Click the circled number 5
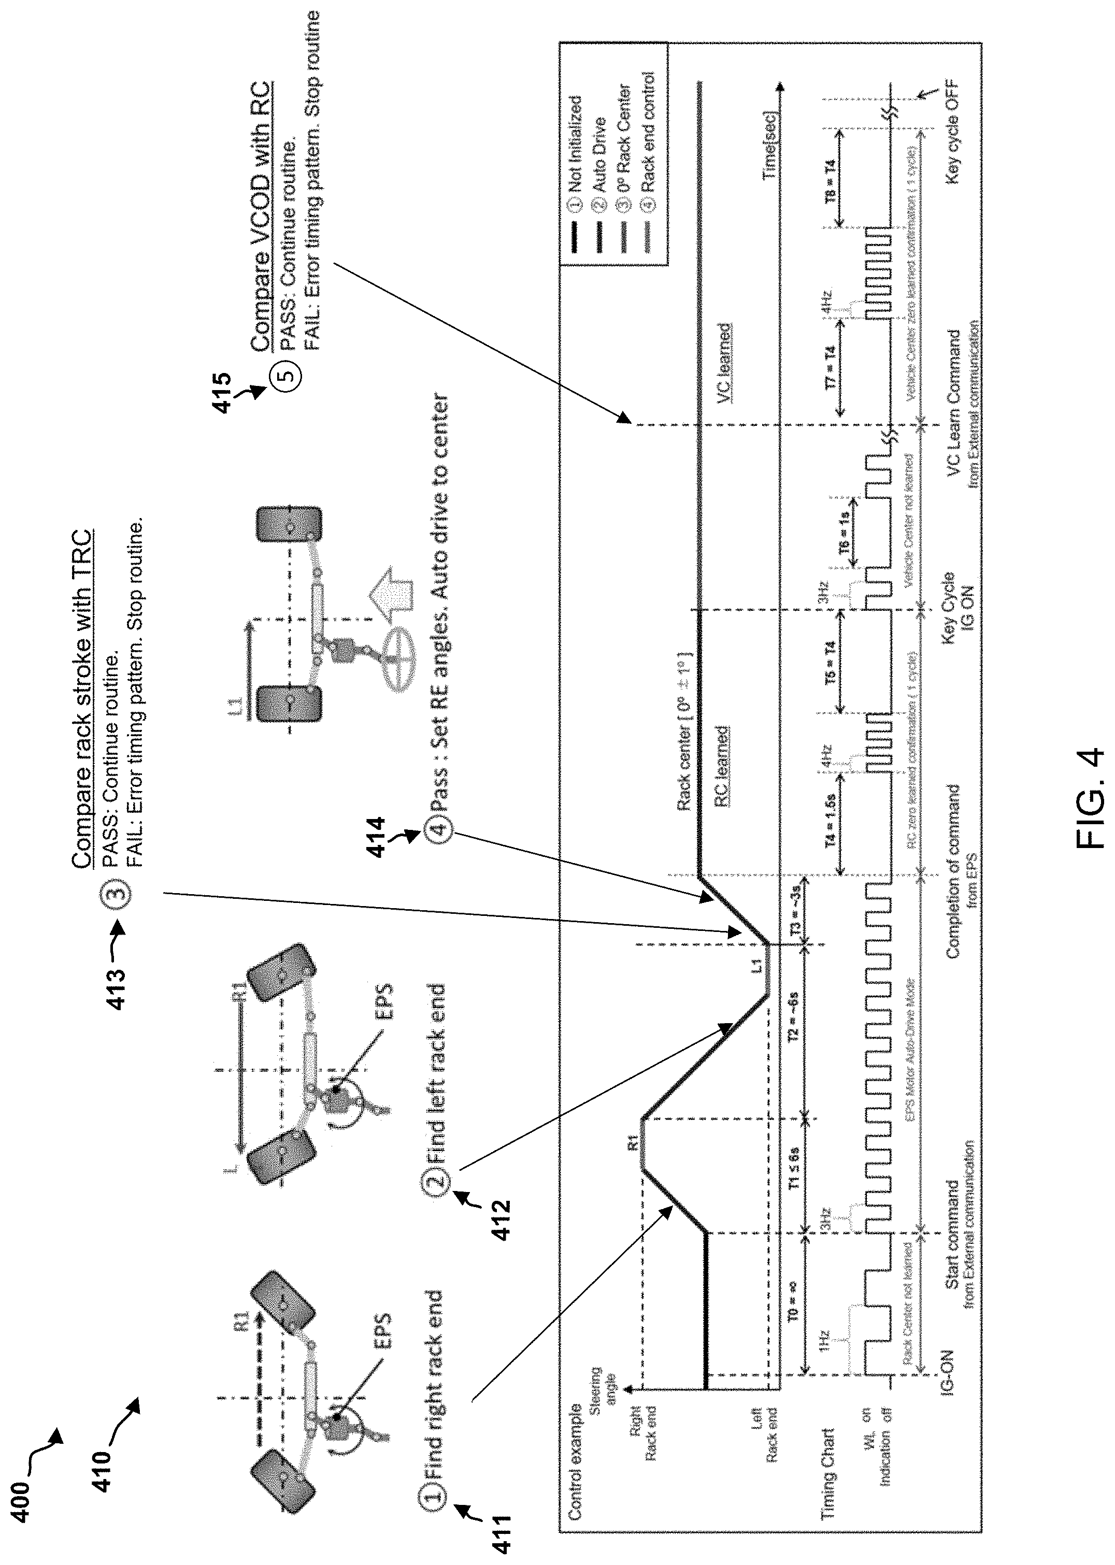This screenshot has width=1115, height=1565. (x=289, y=376)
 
